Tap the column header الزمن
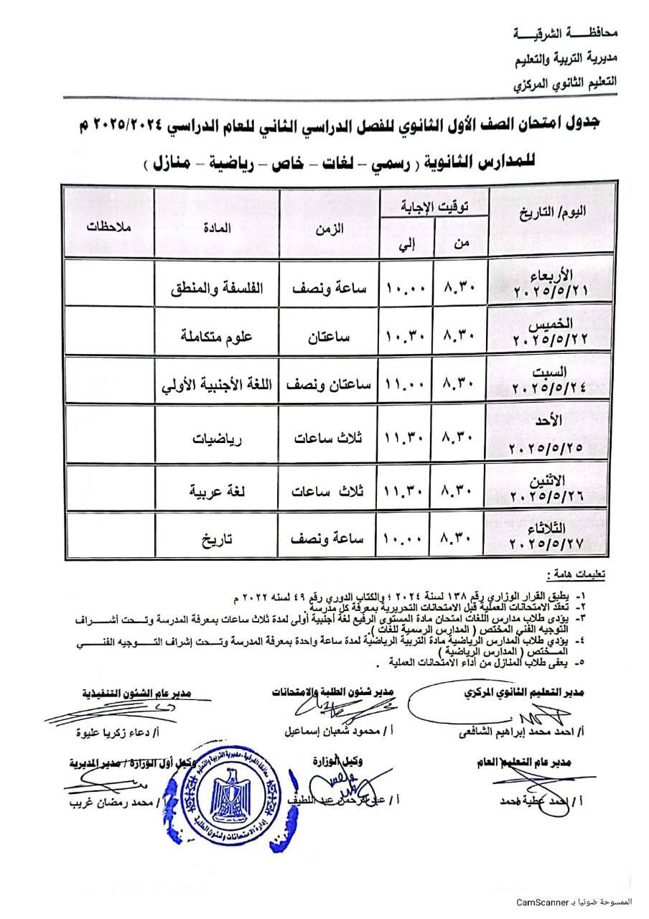[328, 228]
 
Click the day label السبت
[549, 372]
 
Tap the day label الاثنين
[549, 480]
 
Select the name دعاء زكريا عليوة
[112, 733]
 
